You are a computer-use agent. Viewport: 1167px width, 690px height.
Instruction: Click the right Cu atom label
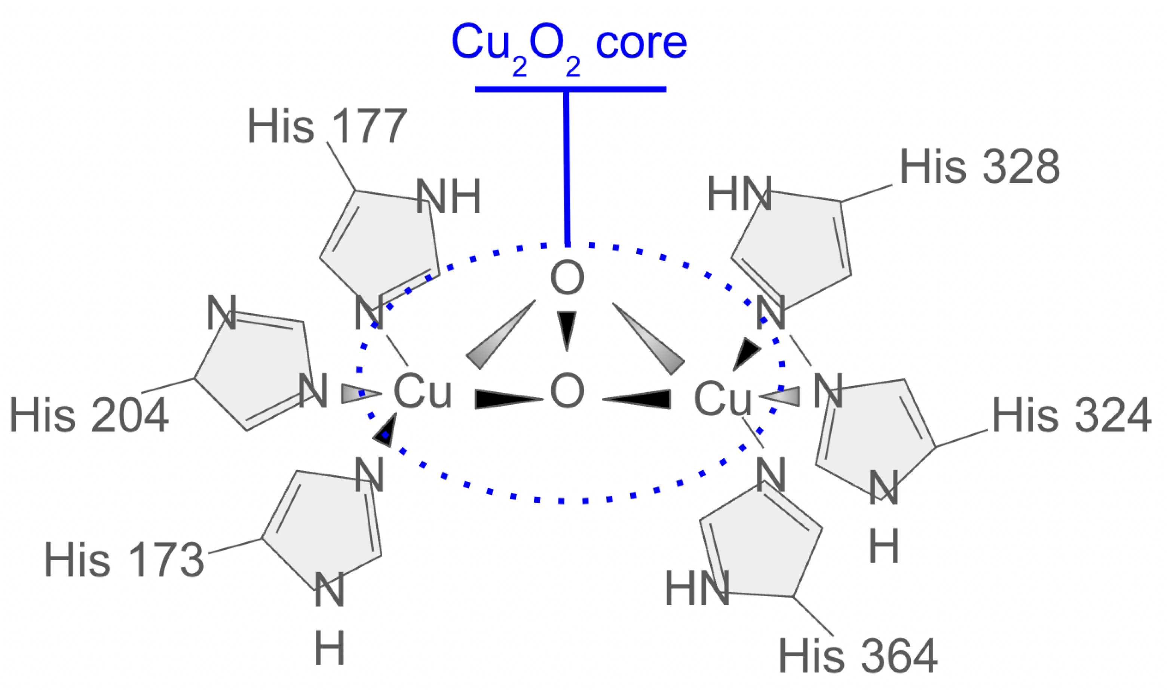point(722,398)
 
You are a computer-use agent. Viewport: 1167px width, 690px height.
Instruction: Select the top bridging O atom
point(567,278)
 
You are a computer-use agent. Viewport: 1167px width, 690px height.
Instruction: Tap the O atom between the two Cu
point(567,391)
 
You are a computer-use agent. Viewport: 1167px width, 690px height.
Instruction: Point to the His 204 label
point(88,415)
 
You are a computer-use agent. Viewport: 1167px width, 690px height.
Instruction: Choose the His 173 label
point(124,560)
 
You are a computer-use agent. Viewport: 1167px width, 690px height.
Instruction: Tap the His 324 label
point(1071,415)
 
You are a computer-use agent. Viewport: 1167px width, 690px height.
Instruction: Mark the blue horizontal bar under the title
point(570,89)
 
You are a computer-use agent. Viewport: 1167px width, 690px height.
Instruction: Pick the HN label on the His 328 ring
point(739,194)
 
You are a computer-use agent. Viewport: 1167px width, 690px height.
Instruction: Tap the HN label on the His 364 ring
point(697,589)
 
